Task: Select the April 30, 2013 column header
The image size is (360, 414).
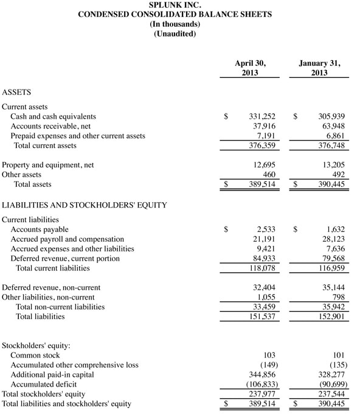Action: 250,68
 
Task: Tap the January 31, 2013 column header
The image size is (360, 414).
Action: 319,68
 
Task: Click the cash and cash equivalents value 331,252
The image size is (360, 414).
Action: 259,116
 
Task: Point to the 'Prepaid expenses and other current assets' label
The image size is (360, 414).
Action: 78,136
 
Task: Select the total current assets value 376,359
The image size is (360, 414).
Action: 259,146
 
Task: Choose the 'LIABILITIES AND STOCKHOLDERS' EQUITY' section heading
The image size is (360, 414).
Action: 85,205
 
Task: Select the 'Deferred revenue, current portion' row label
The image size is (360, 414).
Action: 65,258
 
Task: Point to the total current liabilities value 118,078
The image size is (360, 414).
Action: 259,268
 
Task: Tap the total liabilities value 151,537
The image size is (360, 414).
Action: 259,317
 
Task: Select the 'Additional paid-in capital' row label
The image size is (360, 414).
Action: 52,374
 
